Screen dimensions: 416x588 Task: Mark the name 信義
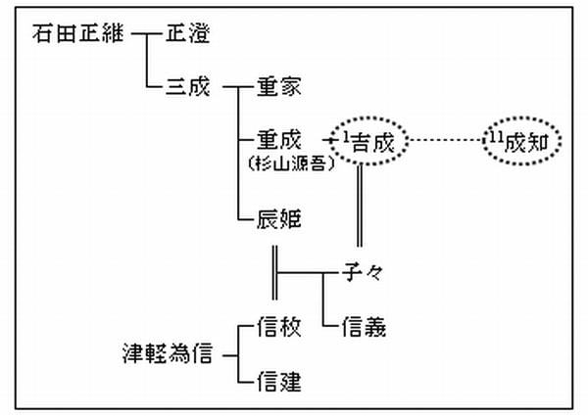[x=365, y=326]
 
